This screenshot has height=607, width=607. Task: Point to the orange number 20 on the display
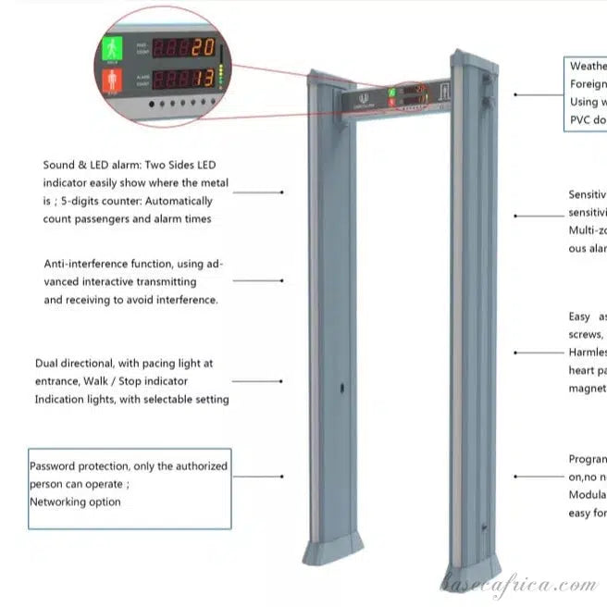(x=203, y=46)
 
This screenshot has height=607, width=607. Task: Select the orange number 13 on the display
(x=204, y=79)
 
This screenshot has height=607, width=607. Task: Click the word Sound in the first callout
(x=59, y=165)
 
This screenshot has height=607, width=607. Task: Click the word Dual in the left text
(x=49, y=364)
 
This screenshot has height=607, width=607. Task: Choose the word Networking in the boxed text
(x=61, y=502)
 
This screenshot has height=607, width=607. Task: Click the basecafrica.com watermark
(x=518, y=585)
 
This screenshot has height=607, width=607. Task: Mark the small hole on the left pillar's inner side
(x=341, y=389)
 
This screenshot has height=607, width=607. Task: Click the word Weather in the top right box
(x=588, y=67)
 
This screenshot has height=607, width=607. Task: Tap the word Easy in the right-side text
(x=580, y=316)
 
